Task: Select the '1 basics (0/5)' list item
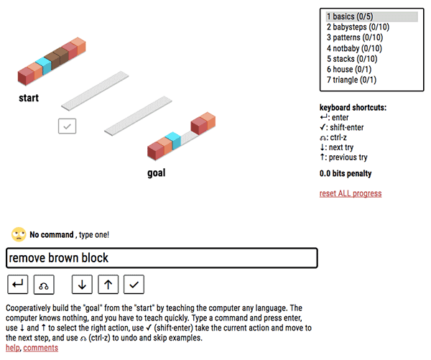point(371,17)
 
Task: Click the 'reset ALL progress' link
point(351,193)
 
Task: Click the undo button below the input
point(43,285)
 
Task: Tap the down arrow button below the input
point(82,285)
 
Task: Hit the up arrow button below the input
point(107,285)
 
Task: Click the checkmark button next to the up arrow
point(133,285)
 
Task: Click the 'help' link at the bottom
point(12,348)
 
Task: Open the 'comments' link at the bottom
point(41,348)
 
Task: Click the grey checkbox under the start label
point(67,126)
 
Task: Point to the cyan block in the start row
point(45,66)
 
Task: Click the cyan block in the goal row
point(172,140)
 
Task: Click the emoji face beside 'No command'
point(19,234)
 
